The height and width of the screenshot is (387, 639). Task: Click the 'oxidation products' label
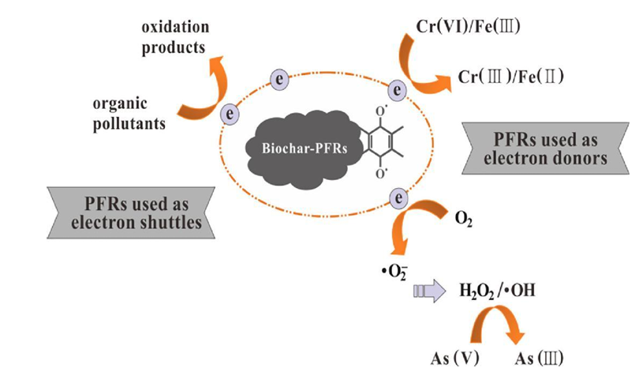[x=174, y=38]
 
